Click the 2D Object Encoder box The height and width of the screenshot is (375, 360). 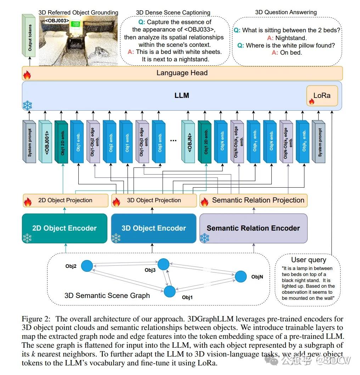(64, 228)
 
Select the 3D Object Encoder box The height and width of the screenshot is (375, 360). (153, 228)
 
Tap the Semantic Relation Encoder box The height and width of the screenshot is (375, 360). (253, 228)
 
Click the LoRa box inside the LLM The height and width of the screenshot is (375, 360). (322, 95)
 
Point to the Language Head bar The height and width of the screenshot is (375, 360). (182, 73)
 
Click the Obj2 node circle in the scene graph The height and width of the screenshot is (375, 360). (87, 266)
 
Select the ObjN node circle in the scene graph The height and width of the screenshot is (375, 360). (241, 276)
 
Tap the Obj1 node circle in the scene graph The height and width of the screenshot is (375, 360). (169, 291)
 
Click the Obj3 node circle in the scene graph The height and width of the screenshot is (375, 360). (163, 264)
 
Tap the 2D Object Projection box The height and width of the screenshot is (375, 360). (65, 200)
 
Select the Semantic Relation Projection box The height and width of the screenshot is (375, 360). (253, 200)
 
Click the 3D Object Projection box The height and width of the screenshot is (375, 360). (154, 200)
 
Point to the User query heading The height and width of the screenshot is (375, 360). (309, 260)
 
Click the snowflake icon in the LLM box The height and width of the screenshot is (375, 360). (27, 105)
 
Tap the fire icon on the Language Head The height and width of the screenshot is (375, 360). (27, 75)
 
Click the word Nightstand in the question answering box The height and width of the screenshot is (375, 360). (291, 38)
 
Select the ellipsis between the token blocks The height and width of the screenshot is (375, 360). (173, 140)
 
